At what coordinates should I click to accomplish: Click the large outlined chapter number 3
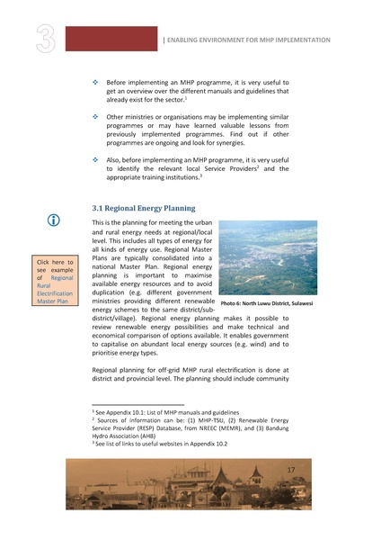point(47,39)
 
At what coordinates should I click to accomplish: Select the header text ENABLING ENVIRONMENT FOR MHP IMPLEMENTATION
point(248,40)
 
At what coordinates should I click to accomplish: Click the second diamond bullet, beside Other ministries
point(96,117)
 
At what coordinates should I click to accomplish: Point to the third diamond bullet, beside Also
point(96,157)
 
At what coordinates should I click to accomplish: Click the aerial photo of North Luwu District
point(268,258)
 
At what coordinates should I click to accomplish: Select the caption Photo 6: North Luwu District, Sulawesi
point(267,304)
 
